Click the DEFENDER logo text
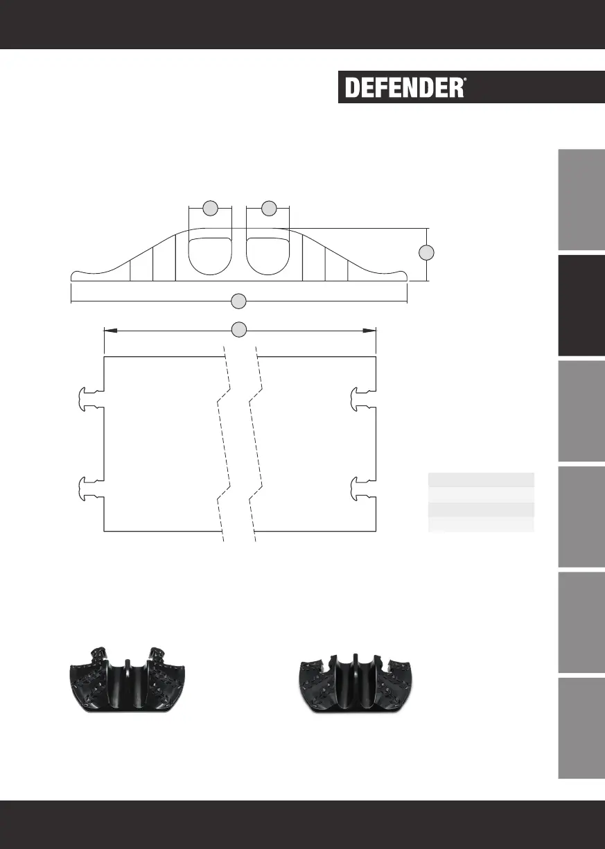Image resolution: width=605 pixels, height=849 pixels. coord(404,87)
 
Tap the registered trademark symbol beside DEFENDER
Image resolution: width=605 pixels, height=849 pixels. coord(465,80)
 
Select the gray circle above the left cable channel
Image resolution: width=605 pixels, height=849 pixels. coord(211,208)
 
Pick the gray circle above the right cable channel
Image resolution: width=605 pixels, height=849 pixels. coord(269,208)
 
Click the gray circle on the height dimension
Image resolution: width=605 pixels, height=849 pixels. coord(426,252)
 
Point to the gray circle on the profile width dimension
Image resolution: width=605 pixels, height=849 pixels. coord(239,301)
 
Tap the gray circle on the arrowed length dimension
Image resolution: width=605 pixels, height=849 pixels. coord(239,330)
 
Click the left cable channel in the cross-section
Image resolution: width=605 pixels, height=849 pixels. coord(210,256)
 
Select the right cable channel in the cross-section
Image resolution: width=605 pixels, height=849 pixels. coord(268,256)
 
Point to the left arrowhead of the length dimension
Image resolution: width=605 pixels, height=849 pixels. coord(110,331)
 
